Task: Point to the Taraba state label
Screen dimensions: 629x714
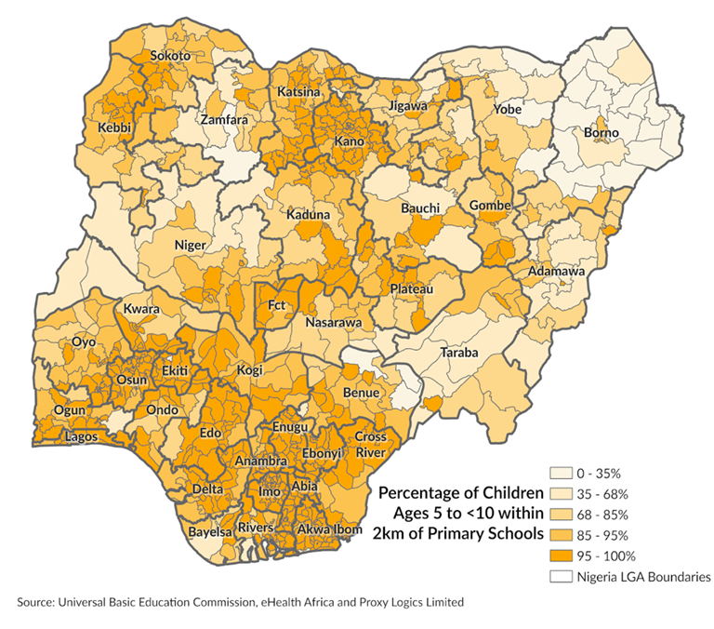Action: click(458, 354)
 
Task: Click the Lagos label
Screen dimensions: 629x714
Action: click(81, 436)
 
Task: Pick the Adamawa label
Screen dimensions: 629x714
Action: click(555, 272)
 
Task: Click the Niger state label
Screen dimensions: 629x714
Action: click(191, 246)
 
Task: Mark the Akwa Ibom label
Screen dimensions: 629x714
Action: click(329, 529)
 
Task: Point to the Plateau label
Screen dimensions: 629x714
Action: click(411, 289)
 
